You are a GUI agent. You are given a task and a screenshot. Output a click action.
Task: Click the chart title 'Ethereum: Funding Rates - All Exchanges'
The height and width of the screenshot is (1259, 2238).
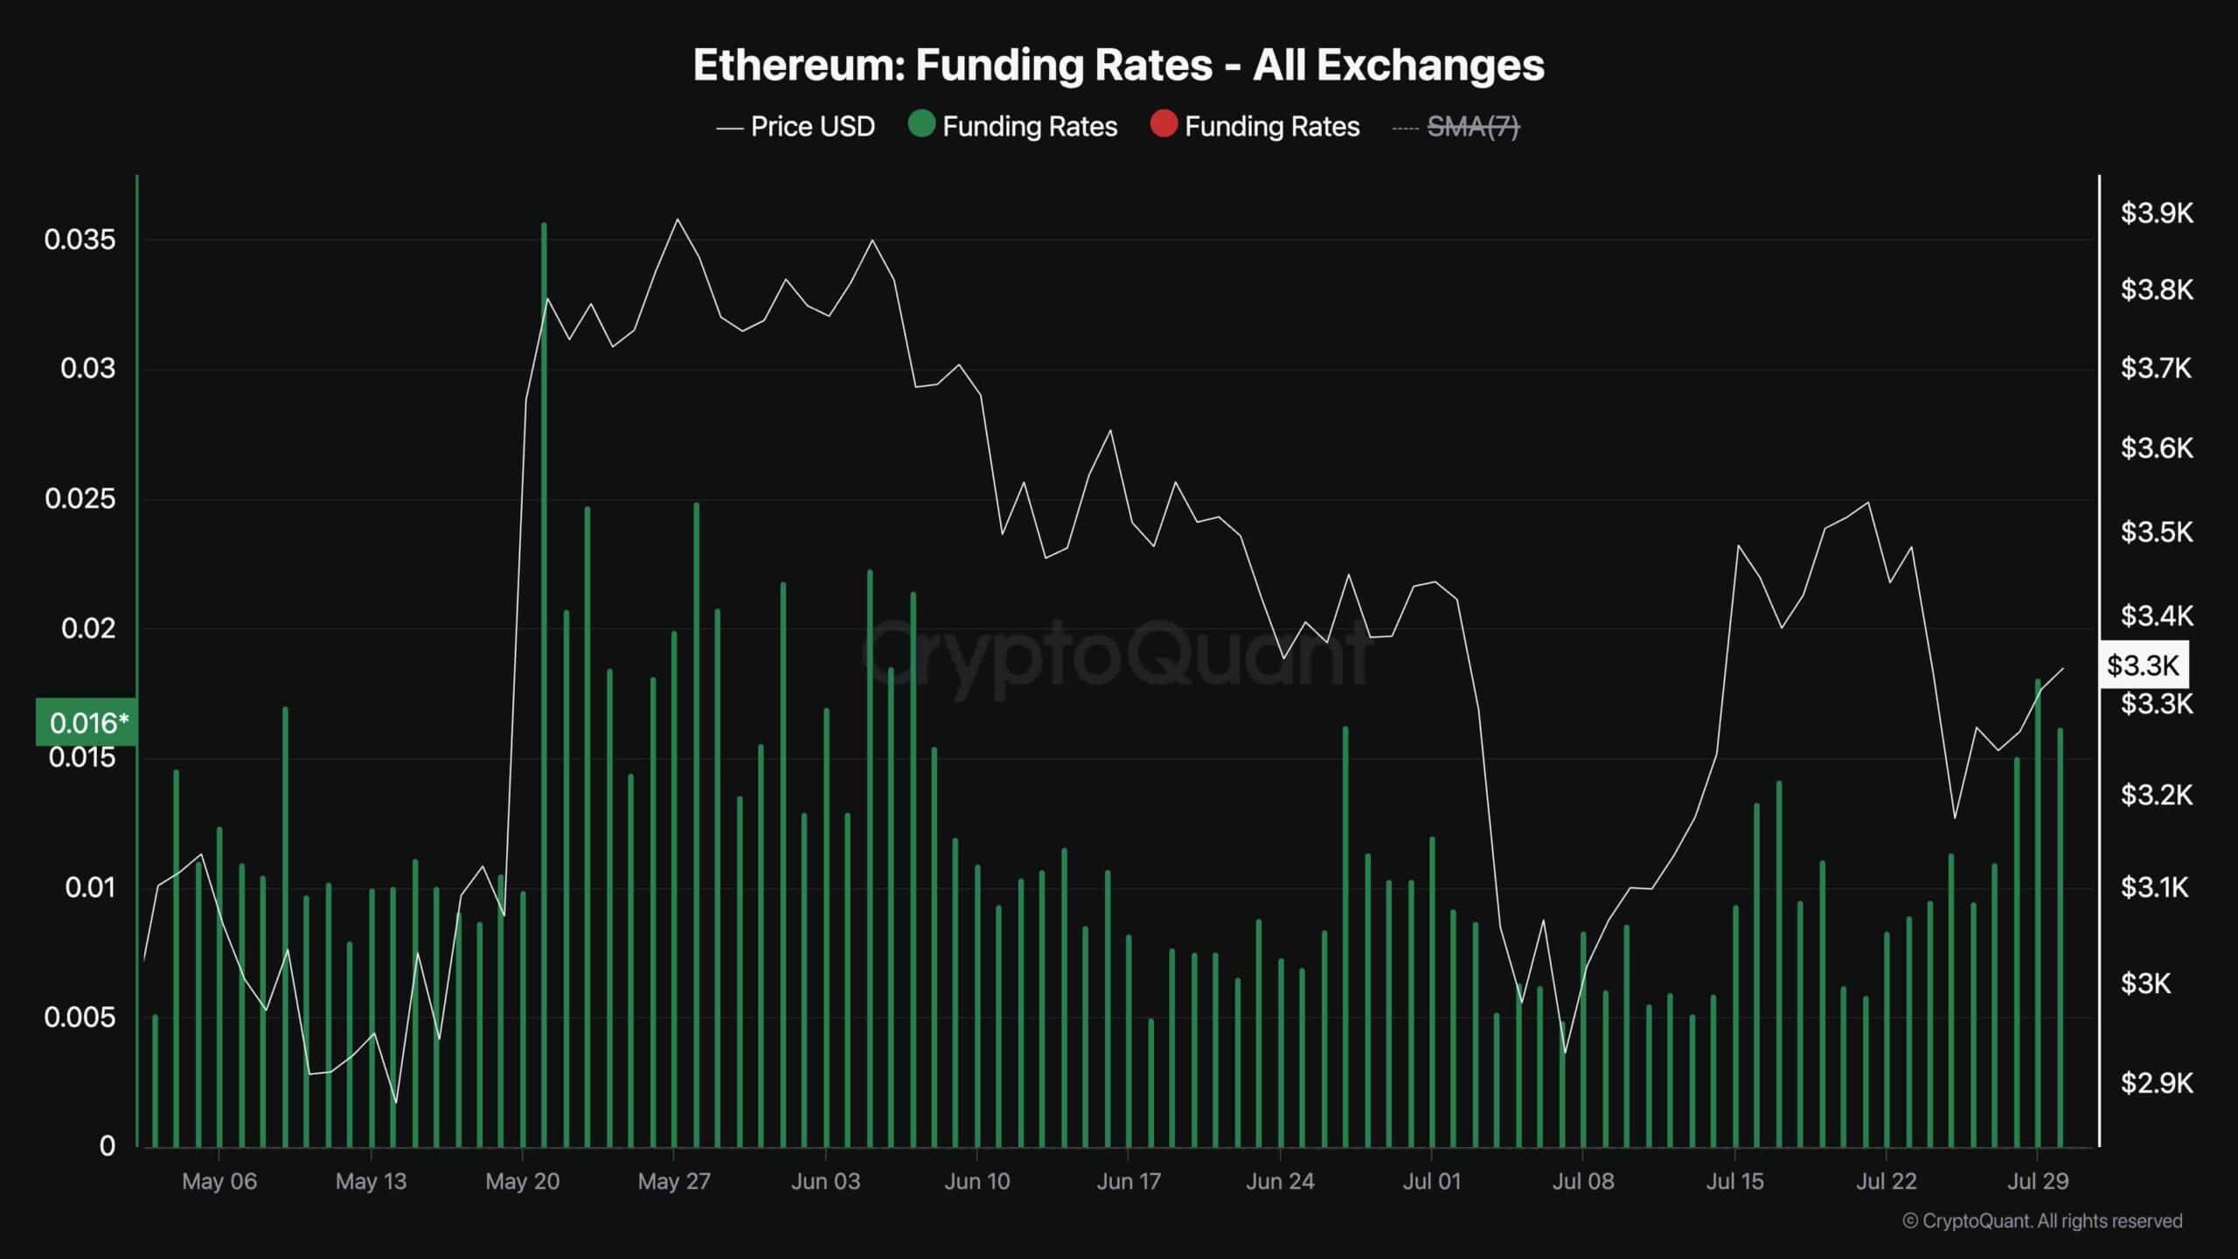click(1118, 65)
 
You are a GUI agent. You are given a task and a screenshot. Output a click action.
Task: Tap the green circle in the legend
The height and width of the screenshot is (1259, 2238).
click(921, 125)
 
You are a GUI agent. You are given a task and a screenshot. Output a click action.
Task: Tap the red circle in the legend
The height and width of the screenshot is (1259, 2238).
click(1164, 125)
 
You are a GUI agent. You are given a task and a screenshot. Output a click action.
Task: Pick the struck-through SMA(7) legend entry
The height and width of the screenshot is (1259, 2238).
click(1472, 128)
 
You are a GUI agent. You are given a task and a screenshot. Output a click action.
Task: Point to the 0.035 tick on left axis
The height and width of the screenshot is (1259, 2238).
click(80, 240)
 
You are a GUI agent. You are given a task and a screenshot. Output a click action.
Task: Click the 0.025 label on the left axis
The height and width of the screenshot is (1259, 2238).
click(80, 499)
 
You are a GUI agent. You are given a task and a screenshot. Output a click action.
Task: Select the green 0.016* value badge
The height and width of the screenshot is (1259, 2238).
click(87, 723)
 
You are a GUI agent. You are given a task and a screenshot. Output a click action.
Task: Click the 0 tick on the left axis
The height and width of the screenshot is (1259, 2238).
click(107, 1145)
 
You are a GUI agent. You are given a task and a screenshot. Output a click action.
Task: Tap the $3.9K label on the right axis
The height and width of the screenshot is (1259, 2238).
click(2156, 212)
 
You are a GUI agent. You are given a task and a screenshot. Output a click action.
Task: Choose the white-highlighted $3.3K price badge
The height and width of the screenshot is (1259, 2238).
click(2142, 665)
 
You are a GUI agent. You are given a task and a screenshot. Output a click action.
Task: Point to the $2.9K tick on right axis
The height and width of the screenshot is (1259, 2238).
click(2156, 1083)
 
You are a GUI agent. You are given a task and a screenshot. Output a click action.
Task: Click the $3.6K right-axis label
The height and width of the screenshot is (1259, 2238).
click(2156, 449)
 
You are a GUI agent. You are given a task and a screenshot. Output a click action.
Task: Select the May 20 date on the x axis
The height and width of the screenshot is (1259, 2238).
click(522, 1181)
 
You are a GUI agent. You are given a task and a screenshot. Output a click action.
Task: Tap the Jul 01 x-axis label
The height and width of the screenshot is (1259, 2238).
click(1431, 1181)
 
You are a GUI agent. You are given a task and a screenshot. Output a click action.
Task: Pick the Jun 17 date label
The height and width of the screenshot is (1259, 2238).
click(1128, 1181)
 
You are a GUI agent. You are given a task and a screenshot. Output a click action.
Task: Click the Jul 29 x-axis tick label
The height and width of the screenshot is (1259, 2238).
click(2038, 1181)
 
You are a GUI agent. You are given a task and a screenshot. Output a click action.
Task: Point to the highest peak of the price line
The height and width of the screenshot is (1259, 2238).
click(678, 219)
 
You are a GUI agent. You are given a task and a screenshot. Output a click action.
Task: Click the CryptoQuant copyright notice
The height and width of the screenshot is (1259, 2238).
click(2042, 1221)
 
